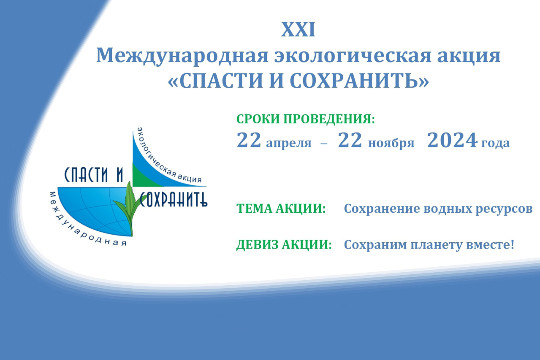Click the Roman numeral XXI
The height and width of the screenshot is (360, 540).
[x=298, y=30]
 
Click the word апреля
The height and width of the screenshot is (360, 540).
[x=288, y=143]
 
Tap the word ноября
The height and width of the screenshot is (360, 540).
[x=391, y=143]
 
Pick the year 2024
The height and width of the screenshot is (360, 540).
[x=452, y=140]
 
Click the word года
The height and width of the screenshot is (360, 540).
[x=496, y=143]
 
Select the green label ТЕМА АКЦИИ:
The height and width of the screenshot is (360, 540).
[x=281, y=208]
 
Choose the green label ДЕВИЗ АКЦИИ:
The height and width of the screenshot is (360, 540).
[x=284, y=245]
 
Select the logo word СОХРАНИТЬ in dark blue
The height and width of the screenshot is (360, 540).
[x=174, y=200]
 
